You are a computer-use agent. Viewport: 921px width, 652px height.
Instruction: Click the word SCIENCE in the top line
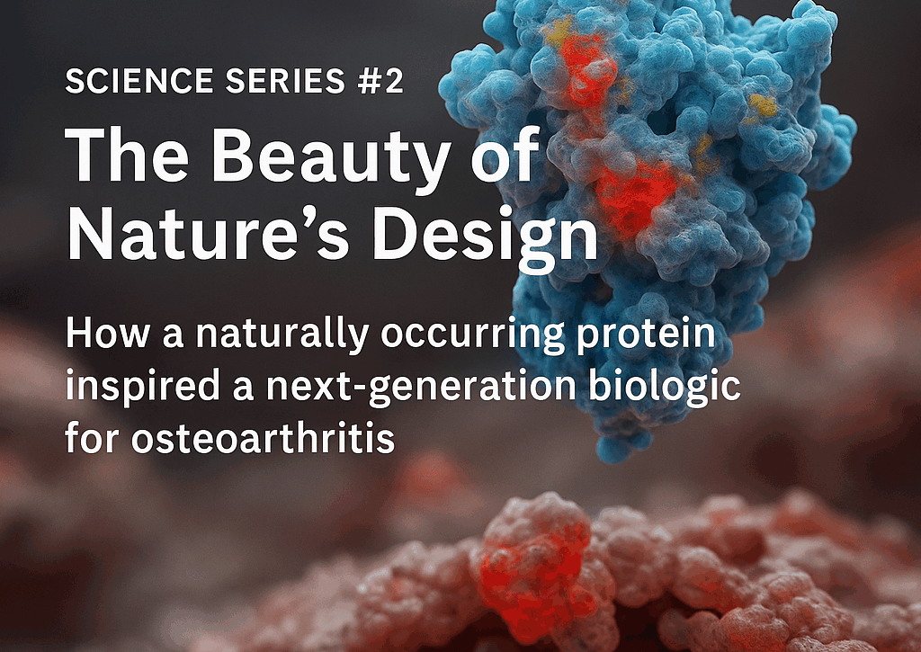tap(139, 80)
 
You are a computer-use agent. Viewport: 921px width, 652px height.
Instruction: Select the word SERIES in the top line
tap(285, 80)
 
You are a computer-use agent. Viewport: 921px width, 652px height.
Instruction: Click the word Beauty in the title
tap(330, 155)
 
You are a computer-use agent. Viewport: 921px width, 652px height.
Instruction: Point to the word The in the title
tap(127, 153)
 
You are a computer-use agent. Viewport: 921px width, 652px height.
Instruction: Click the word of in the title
tap(505, 154)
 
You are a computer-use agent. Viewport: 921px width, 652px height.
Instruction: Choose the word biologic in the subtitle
tap(665, 387)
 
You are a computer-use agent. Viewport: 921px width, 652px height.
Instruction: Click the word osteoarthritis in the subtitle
tap(264, 437)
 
